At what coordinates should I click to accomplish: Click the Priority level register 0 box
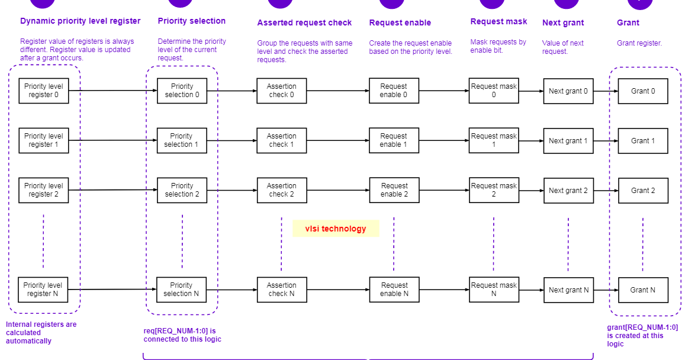[x=43, y=91]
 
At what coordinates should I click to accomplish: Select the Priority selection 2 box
[x=182, y=190]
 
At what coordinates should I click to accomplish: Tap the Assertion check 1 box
[x=281, y=140]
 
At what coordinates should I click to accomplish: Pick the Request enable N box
[x=394, y=290]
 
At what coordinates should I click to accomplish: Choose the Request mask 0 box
[x=493, y=91]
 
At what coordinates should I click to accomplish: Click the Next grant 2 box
[x=568, y=191]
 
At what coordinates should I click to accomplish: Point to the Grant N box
[x=643, y=290]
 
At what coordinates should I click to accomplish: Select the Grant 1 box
[x=643, y=141]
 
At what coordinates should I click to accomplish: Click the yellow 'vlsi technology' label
[x=336, y=229]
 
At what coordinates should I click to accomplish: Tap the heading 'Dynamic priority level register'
[x=80, y=21]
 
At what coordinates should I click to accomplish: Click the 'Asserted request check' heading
[x=304, y=23]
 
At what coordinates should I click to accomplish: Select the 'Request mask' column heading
[x=499, y=21]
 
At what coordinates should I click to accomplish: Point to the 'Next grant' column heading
[x=563, y=23]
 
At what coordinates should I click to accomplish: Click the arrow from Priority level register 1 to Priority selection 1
[x=112, y=141]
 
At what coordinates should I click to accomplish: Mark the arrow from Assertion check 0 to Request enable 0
[x=337, y=91]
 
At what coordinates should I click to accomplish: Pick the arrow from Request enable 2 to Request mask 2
[x=443, y=191]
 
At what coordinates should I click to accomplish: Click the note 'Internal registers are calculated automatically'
[x=41, y=332]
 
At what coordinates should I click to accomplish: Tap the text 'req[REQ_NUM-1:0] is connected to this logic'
[x=182, y=335]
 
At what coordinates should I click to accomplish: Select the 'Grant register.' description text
[x=639, y=43]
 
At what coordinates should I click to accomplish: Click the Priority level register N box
[x=43, y=290]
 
